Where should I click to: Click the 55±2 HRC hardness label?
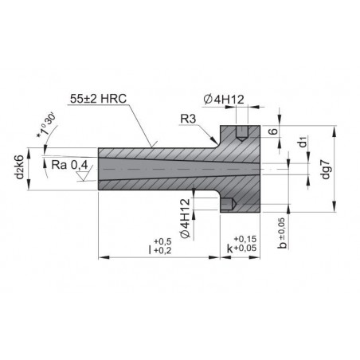98,99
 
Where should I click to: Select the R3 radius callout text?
188,119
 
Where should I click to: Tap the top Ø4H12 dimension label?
224,100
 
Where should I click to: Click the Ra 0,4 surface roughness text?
69,165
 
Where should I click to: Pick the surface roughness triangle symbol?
84,176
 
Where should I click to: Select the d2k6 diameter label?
20,166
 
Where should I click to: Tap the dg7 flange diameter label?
325,169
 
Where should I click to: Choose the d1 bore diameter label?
303,141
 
